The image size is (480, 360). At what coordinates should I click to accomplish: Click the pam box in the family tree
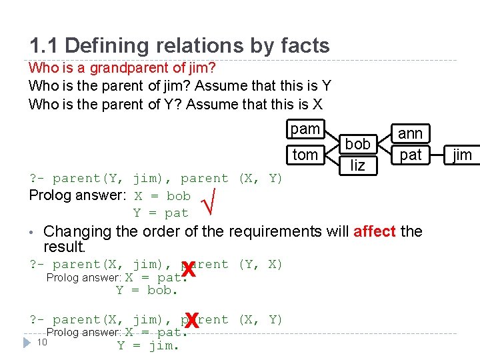pos(305,129)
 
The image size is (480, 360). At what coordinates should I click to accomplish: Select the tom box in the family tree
pos(305,155)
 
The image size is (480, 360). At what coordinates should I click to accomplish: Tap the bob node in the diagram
pos(358,143)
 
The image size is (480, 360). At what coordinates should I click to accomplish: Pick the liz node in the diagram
pos(358,165)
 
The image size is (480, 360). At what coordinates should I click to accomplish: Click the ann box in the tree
pos(410,133)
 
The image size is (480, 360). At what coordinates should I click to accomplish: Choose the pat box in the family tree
pos(410,155)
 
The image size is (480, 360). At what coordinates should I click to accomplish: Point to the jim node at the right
pos(462,155)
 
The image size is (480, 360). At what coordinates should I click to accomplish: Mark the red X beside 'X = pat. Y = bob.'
pos(189,270)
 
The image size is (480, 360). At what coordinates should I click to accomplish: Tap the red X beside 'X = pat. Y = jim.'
pos(192,322)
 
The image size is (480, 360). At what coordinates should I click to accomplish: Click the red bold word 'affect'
pos(375,231)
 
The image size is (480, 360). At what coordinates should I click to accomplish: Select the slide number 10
pos(41,342)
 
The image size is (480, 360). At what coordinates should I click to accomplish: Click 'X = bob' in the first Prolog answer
pos(162,196)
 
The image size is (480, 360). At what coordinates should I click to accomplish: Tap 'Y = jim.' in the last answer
pos(148,345)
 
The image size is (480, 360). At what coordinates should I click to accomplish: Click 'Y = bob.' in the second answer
pos(147,291)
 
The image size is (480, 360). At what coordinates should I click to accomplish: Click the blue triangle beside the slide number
pos(26,342)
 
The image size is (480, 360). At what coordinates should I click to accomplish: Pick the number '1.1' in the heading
pos(44,45)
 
